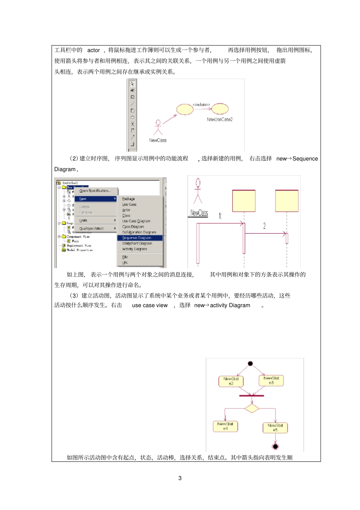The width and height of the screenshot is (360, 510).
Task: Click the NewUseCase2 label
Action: click(x=219, y=119)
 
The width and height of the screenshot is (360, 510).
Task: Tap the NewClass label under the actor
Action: click(x=158, y=140)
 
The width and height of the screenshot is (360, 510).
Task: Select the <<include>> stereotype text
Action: click(x=201, y=104)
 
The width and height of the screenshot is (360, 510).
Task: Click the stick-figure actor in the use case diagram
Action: click(x=158, y=127)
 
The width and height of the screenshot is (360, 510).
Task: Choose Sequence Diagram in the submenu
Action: click(x=136, y=238)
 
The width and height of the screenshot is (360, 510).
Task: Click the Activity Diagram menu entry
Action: click(x=135, y=249)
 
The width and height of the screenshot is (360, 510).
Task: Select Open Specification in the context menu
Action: click(x=95, y=191)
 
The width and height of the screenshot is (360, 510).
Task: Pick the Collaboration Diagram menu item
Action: click(x=139, y=232)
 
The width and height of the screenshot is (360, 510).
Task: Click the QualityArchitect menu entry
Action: click(x=91, y=228)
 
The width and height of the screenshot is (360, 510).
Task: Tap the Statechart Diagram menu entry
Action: click(x=137, y=243)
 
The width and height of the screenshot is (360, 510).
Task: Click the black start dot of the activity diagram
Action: click(x=250, y=364)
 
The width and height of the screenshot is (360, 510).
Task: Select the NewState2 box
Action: click(x=231, y=381)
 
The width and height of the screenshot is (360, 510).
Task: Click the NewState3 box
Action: click(x=271, y=380)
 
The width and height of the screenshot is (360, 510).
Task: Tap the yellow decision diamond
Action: click(x=252, y=408)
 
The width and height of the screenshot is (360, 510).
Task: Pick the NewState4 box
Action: click(x=225, y=426)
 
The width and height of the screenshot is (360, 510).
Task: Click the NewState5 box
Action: click(x=275, y=428)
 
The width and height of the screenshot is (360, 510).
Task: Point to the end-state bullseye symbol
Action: click(x=275, y=446)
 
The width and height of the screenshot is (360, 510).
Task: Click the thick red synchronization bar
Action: click(x=252, y=395)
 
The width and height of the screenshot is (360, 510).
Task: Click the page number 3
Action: click(x=180, y=478)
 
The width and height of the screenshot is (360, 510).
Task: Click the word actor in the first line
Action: click(x=94, y=50)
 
